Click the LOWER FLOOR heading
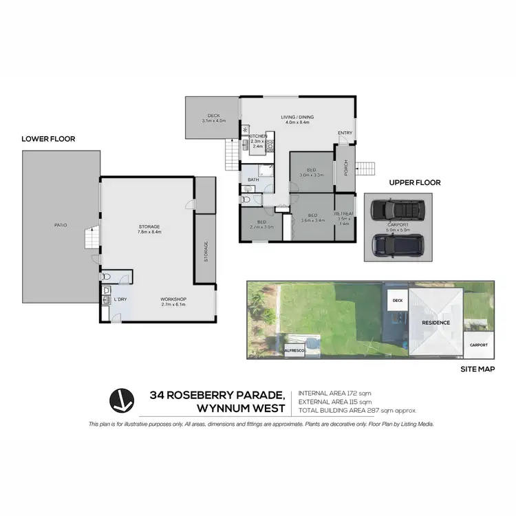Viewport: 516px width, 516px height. pos(48,139)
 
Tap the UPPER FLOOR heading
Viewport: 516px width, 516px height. pos(415,183)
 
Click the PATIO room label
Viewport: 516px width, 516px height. pos(61,225)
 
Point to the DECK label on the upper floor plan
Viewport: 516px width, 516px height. pos(213,116)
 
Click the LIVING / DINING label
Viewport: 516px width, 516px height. pos(297,118)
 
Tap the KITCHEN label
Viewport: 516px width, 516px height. pos(257,136)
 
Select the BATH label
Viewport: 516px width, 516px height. pos(252,180)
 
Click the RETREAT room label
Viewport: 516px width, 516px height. pos(344,214)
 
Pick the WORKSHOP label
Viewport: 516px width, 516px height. pos(173,299)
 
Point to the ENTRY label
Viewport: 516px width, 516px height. pos(345,133)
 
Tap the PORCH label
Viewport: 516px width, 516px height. pos(345,169)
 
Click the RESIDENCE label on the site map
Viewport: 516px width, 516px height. pos(436,322)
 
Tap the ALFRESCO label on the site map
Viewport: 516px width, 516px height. pos(294,351)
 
